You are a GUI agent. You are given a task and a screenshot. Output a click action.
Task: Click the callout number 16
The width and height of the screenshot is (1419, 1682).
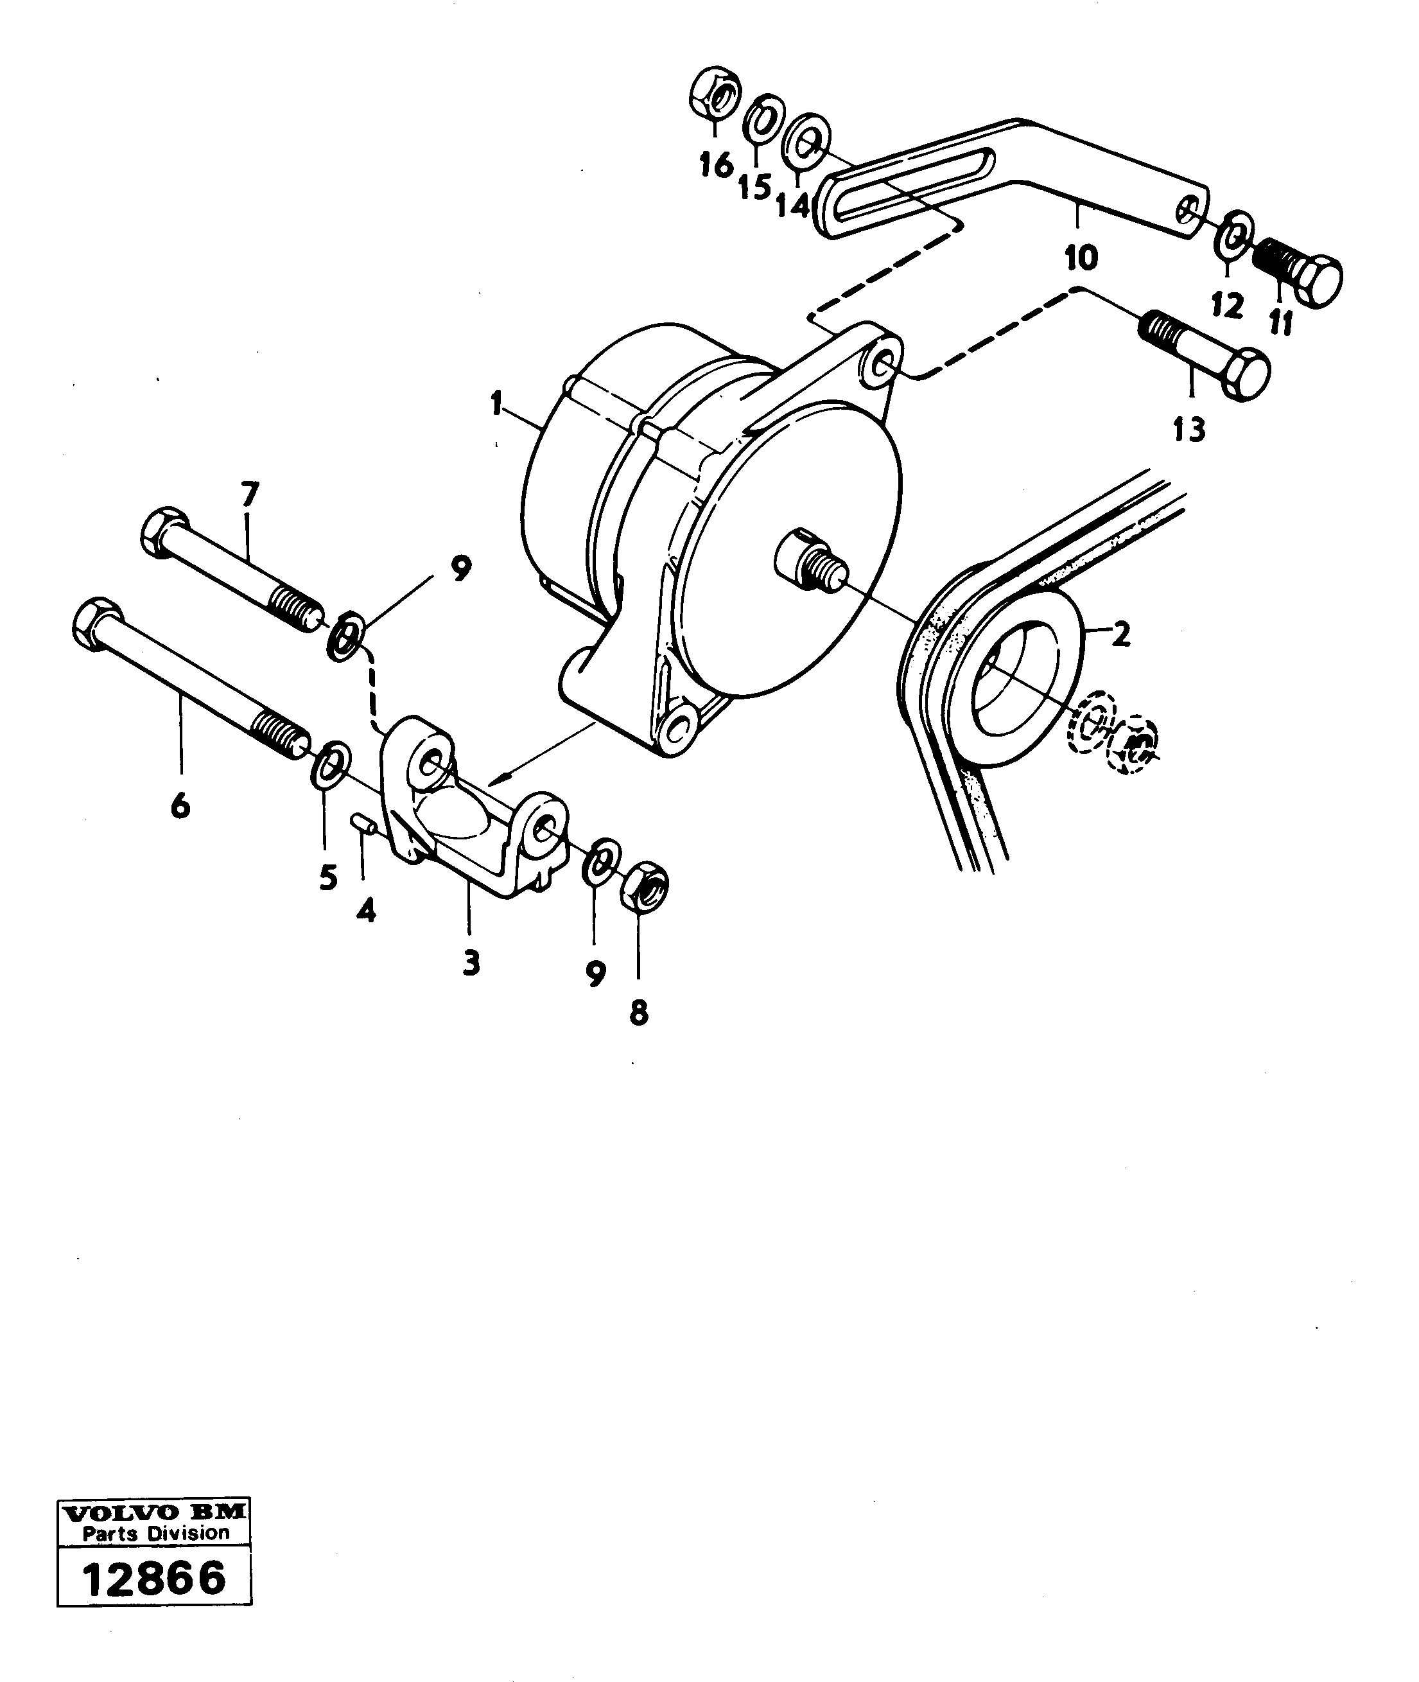click(715, 165)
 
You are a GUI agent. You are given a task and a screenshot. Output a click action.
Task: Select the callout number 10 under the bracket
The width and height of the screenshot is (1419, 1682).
click(1081, 258)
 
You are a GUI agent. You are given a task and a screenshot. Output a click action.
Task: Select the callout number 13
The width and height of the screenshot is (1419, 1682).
click(1189, 430)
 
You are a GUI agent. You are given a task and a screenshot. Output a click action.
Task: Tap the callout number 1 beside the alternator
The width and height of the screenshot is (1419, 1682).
click(497, 402)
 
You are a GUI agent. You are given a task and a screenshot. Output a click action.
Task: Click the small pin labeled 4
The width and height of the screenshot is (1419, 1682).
click(363, 825)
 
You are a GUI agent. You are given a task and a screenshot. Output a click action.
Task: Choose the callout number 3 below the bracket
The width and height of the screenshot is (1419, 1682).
click(471, 962)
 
